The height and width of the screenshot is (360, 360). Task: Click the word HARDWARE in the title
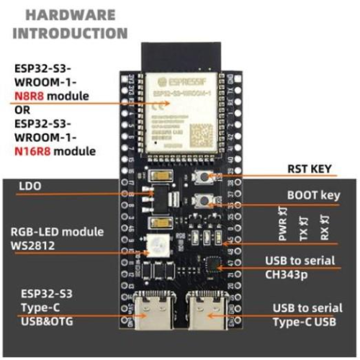(x=69, y=15)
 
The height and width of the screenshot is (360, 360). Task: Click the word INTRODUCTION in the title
(x=71, y=32)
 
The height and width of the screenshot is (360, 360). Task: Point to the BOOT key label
(x=312, y=194)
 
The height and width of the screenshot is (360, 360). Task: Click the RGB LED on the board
(x=156, y=248)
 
